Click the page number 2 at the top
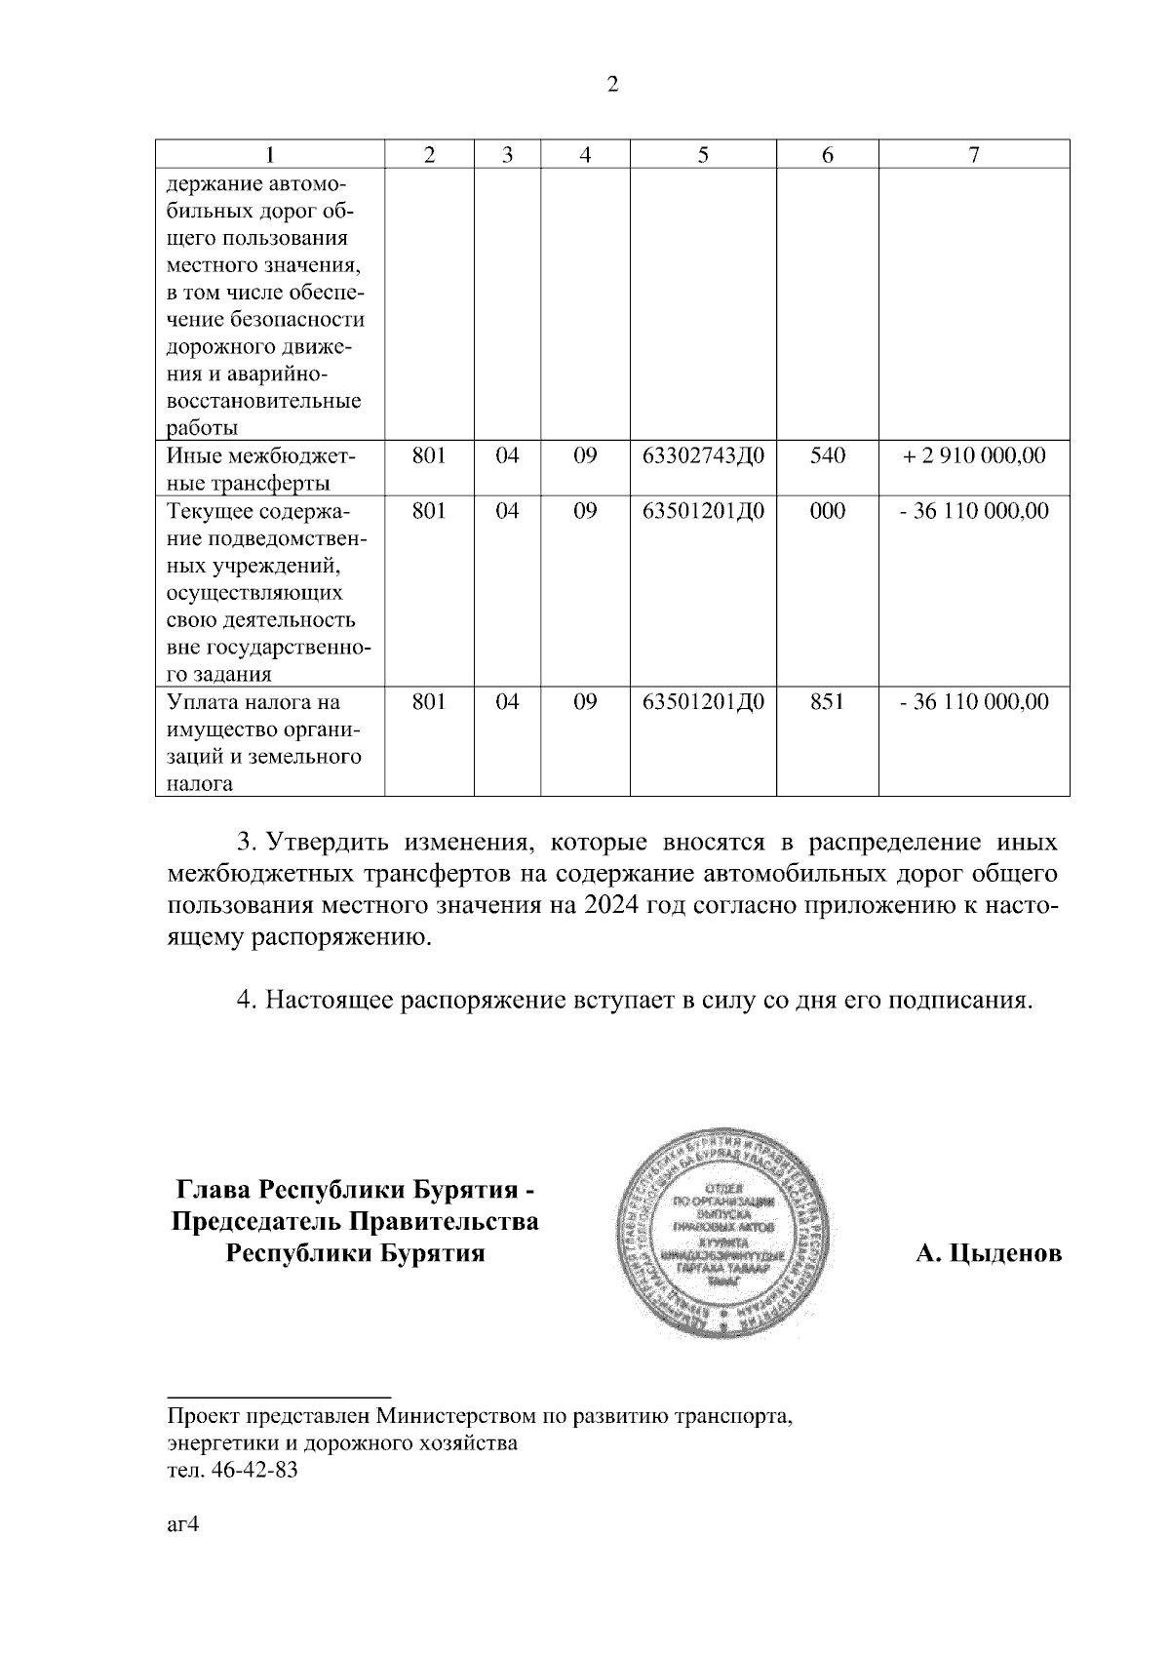coord(612,85)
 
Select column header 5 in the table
coord(703,155)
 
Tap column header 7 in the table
coord(974,155)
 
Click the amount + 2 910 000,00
coord(974,455)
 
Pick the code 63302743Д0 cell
coord(703,455)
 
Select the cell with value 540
coord(827,455)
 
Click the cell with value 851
coord(827,702)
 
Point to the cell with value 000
coord(827,511)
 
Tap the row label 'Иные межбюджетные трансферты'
coord(261,469)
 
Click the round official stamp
coord(726,1234)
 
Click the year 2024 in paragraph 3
coord(612,904)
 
